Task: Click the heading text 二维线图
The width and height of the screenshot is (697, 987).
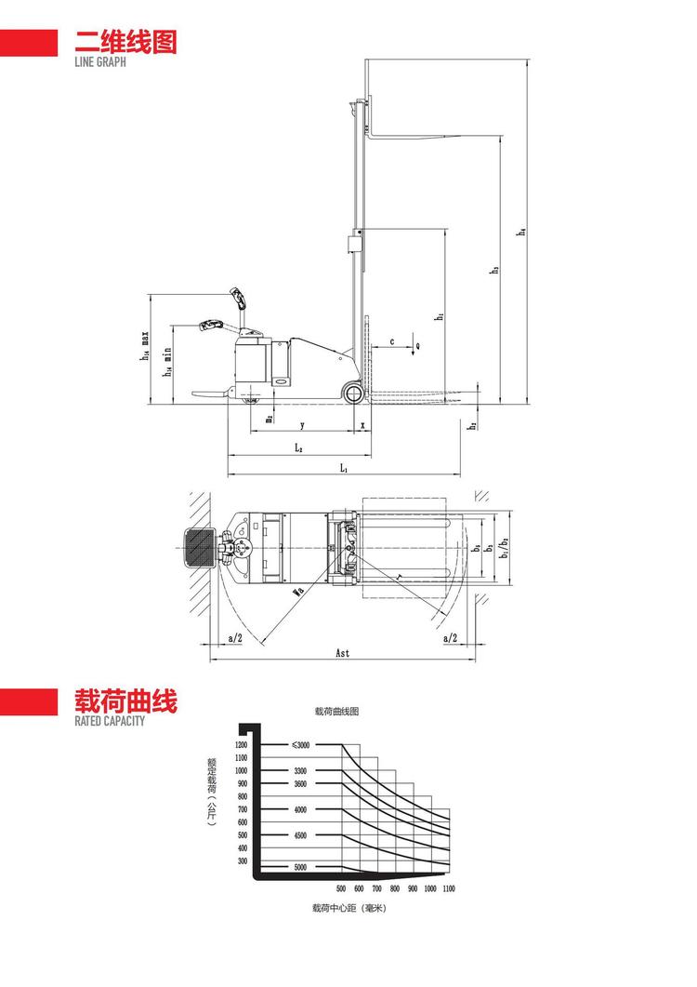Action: [118, 43]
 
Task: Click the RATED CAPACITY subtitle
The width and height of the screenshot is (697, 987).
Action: [110, 720]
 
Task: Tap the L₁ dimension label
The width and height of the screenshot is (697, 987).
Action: [343, 468]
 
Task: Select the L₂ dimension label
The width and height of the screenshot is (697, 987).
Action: [298, 447]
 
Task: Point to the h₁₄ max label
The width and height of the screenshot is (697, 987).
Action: [146, 345]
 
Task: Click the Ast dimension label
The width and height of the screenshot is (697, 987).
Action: [342, 654]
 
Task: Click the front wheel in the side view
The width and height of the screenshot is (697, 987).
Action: [355, 393]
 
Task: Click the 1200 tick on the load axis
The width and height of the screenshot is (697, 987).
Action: [242, 745]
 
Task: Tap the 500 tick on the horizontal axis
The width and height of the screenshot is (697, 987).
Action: [340, 889]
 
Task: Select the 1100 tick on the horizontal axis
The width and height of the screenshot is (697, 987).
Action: [448, 889]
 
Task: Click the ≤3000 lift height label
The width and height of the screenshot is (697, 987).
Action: [300, 745]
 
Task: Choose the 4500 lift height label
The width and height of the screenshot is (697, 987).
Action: [300, 835]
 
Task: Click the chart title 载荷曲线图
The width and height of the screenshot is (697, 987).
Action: [336, 711]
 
